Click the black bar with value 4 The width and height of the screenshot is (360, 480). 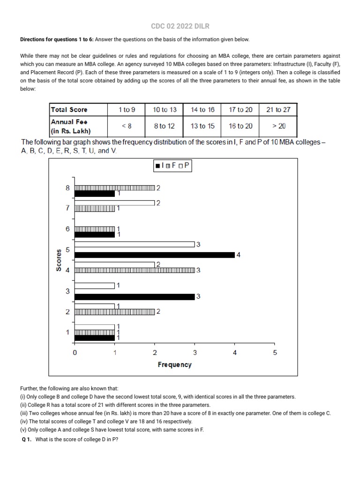[x=155, y=255]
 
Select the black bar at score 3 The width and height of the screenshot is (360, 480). [x=135, y=297]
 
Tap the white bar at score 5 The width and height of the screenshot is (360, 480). [x=135, y=244]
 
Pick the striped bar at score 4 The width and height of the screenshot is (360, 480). [x=135, y=270]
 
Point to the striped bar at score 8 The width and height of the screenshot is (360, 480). [x=115, y=188]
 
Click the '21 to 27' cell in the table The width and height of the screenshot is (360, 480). [x=278, y=110]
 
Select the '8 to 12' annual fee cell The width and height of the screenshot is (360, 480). [x=165, y=126]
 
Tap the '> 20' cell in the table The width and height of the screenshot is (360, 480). [x=278, y=126]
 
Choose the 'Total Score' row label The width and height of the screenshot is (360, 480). [x=69, y=110]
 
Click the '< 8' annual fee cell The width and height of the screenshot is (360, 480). [x=127, y=126]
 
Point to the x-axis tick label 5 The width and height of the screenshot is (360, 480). [x=275, y=353]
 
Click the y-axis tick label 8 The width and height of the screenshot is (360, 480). [x=67, y=188]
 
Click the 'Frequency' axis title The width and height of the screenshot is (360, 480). [x=174, y=365]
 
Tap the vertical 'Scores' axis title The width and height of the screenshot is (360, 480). [x=59, y=261]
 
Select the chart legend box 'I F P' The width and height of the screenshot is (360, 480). [x=172, y=165]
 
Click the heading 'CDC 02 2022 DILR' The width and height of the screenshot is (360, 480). [x=180, y=26]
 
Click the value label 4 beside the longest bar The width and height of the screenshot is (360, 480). [x=239, y=255]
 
